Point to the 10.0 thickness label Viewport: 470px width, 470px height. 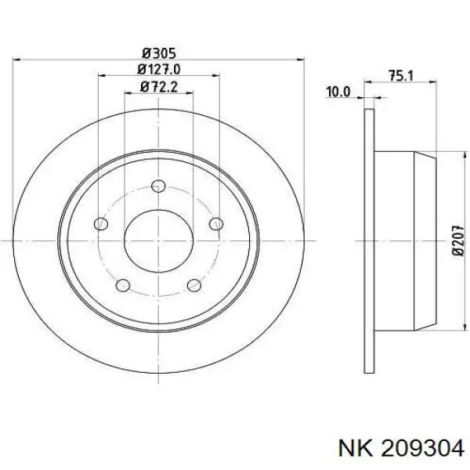338,92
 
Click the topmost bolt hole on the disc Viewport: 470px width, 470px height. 158,186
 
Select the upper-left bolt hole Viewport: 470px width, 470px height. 100,224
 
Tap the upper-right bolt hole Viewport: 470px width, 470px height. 216,224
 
